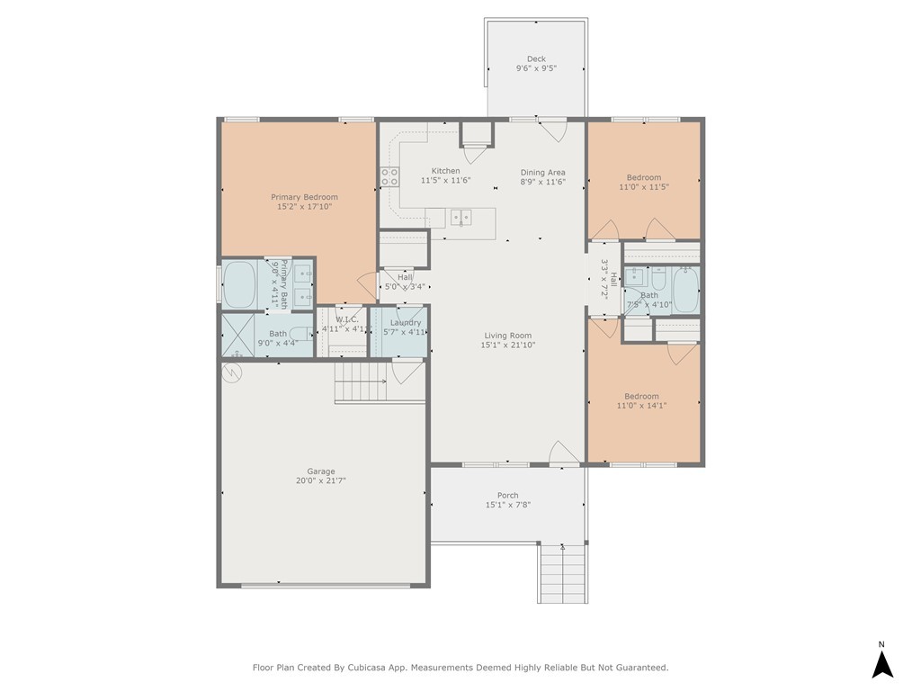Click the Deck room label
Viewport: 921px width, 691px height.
[x=536, y=58]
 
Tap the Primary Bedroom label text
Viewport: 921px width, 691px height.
[x=304, y=197]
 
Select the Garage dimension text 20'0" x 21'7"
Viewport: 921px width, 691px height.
[x=321, y=480]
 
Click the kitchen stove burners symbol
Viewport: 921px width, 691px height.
[x=389, y=177]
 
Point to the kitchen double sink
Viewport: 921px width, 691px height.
[x=461, y=218]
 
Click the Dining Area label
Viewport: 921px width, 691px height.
[x=542, y=172]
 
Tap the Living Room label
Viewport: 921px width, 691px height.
[x=508, y=336]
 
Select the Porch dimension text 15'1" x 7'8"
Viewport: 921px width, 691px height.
[x=508, y=505]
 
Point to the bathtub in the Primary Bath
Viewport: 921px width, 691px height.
[x=239, y=284]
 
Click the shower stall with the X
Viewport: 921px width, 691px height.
[x=237, y=335]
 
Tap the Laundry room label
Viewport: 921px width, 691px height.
[x=406, y=323]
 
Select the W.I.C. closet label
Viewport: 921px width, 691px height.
[x=346, y=319]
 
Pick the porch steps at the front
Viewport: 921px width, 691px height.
[x=563, y=573]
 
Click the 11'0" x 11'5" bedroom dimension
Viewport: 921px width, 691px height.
[x=644, y=187]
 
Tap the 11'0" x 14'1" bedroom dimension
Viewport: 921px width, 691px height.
[x=641, y=406]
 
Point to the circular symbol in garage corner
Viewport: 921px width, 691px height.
[x=231, y=372]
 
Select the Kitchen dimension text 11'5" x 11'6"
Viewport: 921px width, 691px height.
[x=446, y=180]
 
